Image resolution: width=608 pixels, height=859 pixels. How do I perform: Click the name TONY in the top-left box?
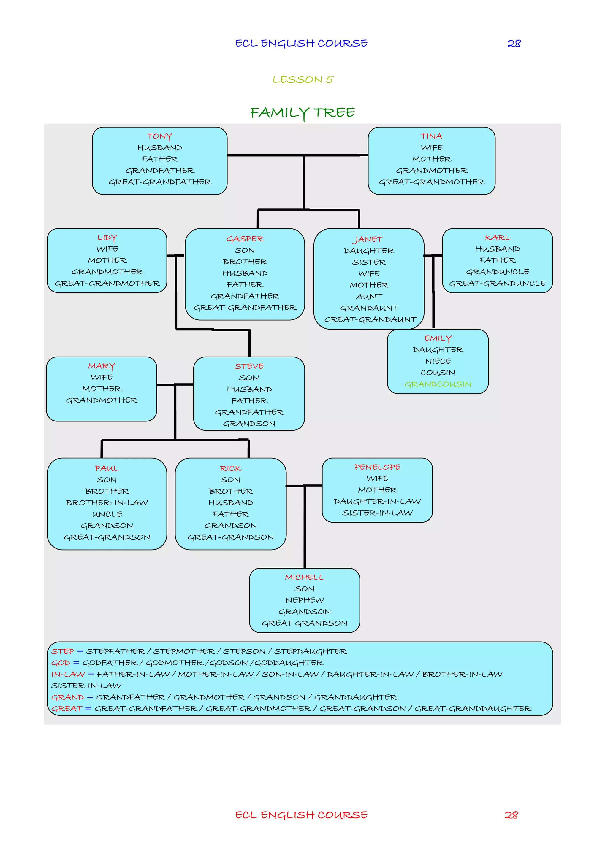coord(159,136)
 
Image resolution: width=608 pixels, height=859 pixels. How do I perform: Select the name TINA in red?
coord(431,136)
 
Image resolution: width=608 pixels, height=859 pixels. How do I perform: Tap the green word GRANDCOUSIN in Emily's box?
coord(438,384)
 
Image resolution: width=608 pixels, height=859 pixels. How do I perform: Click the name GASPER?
coord(245,239)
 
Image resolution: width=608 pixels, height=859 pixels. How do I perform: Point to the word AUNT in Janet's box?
coord(369,297)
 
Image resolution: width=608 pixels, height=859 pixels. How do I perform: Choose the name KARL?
coord(497,238)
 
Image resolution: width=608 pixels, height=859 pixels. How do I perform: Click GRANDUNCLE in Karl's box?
coord(497,272)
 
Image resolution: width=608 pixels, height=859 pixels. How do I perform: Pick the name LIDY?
coord(107,238)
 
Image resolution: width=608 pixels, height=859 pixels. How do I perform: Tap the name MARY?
coord(102,366)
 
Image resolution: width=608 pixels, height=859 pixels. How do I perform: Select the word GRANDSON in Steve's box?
coord(249,424)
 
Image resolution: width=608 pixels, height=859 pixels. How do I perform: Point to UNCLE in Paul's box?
coord(107,514)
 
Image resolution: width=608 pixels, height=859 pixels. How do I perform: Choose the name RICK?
coord(231,468)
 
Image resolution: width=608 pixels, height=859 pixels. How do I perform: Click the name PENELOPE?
coord(377,467)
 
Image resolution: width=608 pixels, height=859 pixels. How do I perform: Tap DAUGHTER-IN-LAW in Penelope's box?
coord(377,501)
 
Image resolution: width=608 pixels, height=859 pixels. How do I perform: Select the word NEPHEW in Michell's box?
coord(305,600)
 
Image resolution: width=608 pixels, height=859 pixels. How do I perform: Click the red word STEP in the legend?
coord(63,651)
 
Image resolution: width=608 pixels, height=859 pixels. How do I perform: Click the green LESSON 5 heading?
coord(303,80)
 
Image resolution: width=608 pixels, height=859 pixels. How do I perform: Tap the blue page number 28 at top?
coord(514,43)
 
